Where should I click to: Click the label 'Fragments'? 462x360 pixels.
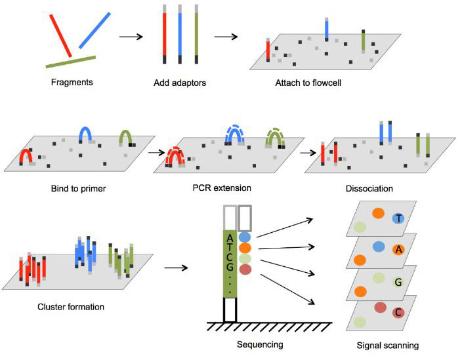[x=72, y=83]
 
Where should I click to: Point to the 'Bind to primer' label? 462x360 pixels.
[x=78, y=189]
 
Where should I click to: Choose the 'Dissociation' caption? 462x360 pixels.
[x=369, y=188]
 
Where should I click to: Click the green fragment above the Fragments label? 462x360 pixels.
[x=71, y=62]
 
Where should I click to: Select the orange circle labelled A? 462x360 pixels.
[x=398, y=250]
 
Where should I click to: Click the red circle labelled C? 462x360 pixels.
[x=398, y=313]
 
